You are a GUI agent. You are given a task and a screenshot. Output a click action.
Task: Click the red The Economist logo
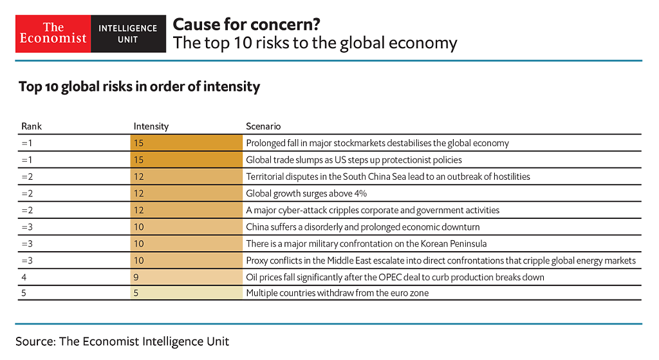tap(53, 33)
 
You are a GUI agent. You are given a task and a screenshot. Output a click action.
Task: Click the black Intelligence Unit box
tap(127, 33)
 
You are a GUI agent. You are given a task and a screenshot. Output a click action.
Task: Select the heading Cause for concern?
tap(246, 24)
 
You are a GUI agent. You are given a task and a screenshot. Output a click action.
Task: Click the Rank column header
tap(32, 126)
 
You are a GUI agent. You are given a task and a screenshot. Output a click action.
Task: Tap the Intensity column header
tap(151, 126)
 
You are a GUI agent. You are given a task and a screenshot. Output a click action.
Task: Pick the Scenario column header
tap(263, 126)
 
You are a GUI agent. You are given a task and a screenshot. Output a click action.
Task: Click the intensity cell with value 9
tap(186, 277)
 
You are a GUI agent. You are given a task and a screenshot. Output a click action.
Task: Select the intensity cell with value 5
tap(186, 293)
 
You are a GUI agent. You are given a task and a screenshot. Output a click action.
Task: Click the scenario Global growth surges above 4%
tap(306, 193)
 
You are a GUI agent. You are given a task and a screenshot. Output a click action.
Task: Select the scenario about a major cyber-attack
tap(373, 210)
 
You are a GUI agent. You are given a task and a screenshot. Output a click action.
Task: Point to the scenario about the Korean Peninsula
tap(366, 243)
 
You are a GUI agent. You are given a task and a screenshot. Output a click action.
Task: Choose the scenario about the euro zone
tap(337, 293)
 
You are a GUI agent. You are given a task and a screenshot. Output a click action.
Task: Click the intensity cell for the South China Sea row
tap(186, 176)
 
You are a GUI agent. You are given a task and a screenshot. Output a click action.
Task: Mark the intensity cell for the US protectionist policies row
tap(186, 160)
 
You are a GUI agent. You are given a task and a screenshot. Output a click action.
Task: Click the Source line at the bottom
tap(122, 341)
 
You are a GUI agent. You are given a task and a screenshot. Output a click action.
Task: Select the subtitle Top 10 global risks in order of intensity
tap(139, 86)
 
